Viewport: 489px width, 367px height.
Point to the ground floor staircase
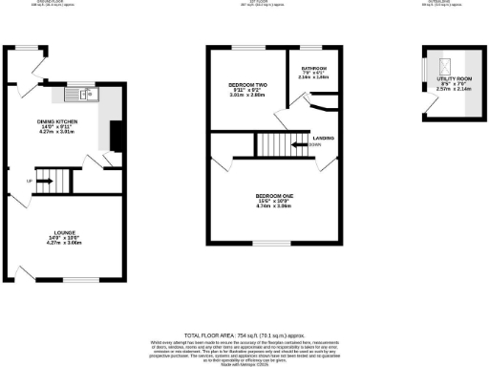61,180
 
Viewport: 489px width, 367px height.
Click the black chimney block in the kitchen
116,137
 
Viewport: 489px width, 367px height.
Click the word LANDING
323,138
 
